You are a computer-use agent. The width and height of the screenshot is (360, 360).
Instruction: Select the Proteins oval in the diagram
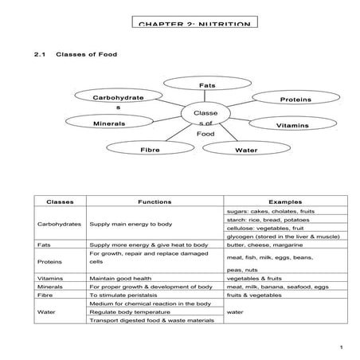click(x=295, y=100)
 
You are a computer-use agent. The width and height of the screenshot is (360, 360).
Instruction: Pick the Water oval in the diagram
click(x=245, y=150)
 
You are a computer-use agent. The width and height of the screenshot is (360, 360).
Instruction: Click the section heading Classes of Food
click(x=87, y=55)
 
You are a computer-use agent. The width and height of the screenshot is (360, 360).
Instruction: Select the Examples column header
click(x=284, y=202)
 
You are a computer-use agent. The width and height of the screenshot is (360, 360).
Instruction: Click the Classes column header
click(x=61, y=202)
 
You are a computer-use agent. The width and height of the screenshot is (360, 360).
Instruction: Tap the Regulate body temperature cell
click(x=139, y=313)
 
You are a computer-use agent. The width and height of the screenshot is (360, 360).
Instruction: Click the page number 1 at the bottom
click(x=340, y=347)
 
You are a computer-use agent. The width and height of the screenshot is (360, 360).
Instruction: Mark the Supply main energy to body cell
click(x=131, y=225)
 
